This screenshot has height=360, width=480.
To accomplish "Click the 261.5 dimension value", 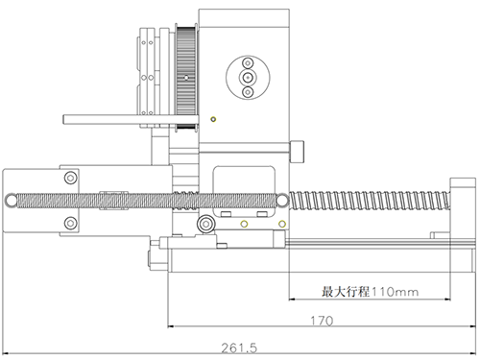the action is (x=239, y=348).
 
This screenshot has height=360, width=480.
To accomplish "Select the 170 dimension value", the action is (x=322, y=321).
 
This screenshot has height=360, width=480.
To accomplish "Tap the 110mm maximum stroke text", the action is (x=395, y=292).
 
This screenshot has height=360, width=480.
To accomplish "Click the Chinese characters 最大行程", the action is (x=346, y=292).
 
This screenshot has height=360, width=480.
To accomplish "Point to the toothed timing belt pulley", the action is (x=186, y=78).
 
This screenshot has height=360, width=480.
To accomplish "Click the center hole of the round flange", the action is (x=248, y=78).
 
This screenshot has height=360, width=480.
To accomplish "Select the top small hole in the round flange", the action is (x=248, y=63).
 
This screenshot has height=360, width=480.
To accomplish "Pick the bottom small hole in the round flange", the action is (x=248, y=92).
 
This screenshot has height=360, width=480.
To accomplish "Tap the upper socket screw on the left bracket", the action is (x=71, y=178).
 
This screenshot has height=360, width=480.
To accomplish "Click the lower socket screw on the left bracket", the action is (x=71, y=223).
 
